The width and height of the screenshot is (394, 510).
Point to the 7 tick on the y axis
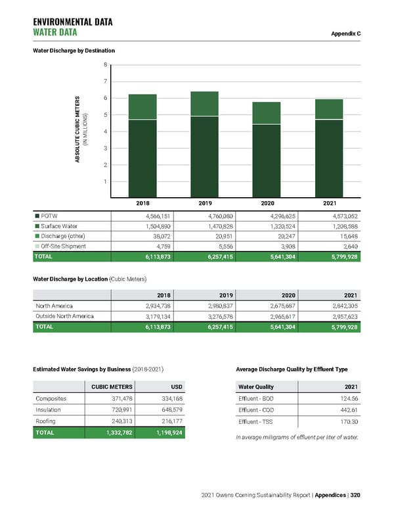point(105,81)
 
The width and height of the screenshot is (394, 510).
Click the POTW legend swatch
point(37,215)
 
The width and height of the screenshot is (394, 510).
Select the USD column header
point(175,386)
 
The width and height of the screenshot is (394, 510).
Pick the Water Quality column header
point(256,386)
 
